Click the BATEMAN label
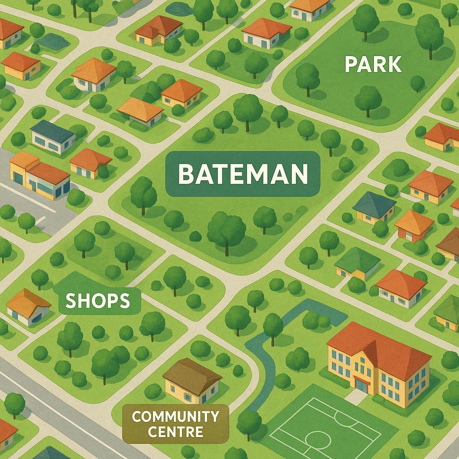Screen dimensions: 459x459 243,174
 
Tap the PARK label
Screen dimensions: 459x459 373,65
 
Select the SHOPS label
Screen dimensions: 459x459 97,301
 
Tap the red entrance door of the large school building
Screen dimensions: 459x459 360,384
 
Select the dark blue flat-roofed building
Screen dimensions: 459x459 53,136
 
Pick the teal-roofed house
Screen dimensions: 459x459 375,207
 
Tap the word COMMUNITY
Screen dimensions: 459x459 175,416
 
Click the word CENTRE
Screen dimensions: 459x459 175,433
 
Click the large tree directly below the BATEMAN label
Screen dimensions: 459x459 226,229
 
